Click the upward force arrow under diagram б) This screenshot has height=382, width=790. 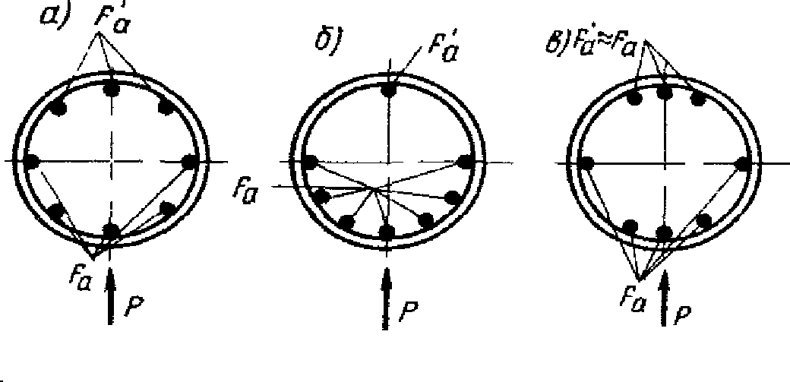coord(388,300)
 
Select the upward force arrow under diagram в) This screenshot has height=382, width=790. coord(666,299)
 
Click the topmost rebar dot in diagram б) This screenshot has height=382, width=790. coord(389,90)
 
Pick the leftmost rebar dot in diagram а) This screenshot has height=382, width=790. coord(32,161)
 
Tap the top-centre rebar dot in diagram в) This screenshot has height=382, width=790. coord(665,93)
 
